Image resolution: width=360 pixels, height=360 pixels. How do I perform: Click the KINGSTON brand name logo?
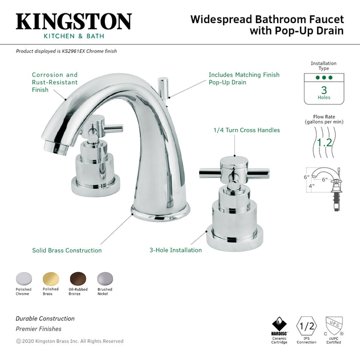click(x=74, y=22)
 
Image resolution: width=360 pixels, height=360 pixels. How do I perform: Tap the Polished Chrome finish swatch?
click(x=23, y=278)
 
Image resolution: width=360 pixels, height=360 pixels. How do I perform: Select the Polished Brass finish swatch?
click(x=50, y=278)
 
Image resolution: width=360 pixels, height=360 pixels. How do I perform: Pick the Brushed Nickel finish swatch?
click(x=104, y=278)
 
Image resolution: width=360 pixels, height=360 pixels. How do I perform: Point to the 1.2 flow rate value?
click(x=324, y=142)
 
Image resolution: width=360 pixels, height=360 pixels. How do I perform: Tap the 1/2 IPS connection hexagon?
click(x=307, y=326)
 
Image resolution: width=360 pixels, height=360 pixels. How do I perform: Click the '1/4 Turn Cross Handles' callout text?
click(x=246, y=130)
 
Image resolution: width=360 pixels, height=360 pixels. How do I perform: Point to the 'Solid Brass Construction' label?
click(x=67, y=250)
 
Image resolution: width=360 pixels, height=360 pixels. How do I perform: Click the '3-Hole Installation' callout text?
click(x=175, y=250)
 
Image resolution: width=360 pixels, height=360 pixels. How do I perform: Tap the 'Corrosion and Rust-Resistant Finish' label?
click(x=55, y=82)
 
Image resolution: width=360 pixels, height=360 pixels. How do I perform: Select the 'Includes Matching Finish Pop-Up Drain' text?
click(x=244, y=78)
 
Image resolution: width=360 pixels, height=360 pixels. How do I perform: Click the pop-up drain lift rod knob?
click(x=163, y=82)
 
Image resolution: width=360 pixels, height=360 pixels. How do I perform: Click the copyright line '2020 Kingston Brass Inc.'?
click(x=70, y=341)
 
